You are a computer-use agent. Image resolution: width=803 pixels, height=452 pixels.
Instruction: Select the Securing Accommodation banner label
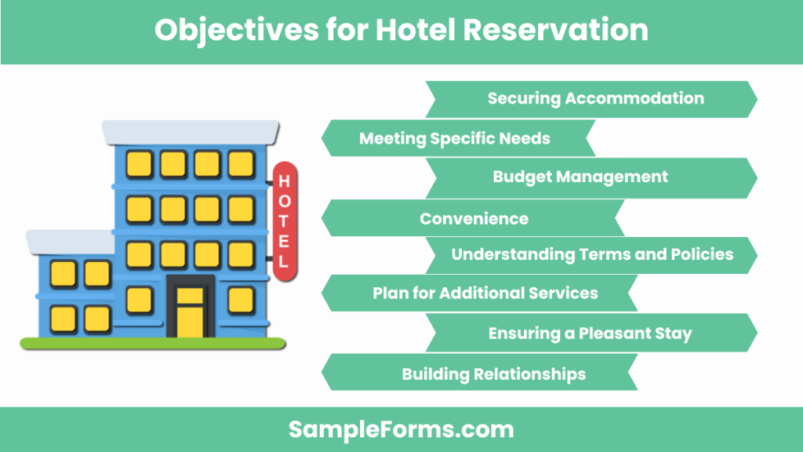(x=595, y=98)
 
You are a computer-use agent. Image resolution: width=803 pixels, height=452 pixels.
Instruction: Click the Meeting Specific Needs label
(x=454, y=139)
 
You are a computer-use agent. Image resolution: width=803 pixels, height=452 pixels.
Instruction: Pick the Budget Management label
(x=580, y=177)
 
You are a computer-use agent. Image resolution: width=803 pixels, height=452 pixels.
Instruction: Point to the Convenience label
(x=474, y=218)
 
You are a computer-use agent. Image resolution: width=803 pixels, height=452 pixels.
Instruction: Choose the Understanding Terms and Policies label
(x=592, y=254)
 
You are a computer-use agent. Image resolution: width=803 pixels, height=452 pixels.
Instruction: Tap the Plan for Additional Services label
(x=485, y=293)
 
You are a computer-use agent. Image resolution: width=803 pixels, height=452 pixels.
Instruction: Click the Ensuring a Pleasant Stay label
(x=590, y=333)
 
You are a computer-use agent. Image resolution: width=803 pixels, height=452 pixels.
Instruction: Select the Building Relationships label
(x=493, y=374)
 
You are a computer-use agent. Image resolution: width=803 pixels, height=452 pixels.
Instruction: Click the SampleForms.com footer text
(x=401, y=429)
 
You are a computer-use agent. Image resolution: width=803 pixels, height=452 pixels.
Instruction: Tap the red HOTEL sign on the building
(x=285, y=221)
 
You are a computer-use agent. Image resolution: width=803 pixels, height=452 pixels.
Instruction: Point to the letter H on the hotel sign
(x=285, y=181)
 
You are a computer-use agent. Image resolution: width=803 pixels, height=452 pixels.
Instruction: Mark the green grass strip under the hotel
(x=153, y=343)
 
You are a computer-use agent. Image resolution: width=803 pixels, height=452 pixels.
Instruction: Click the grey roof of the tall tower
(x=191, y=132)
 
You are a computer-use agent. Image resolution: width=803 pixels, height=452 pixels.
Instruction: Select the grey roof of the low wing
(x=71, y=242)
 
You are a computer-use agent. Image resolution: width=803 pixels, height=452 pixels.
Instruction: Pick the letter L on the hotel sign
(x=285, y=261)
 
